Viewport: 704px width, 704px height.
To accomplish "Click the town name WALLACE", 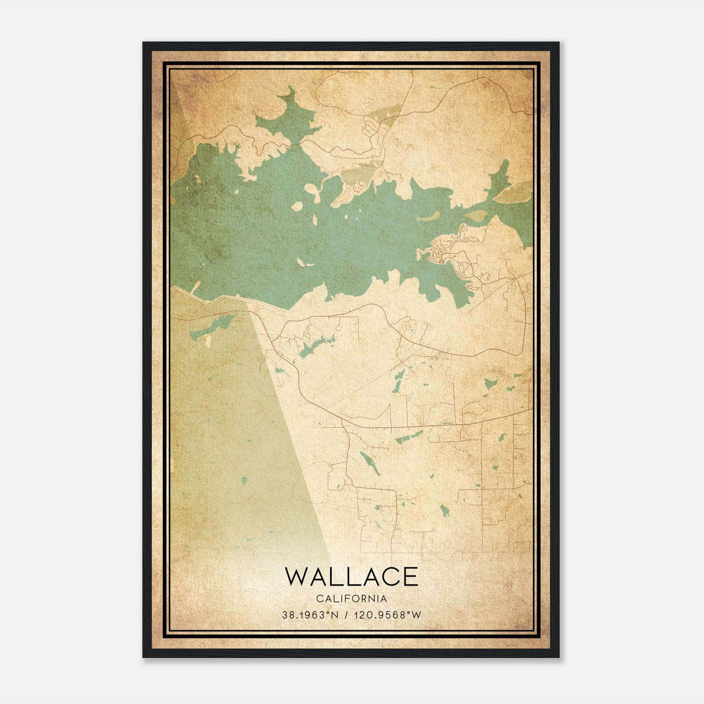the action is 352,576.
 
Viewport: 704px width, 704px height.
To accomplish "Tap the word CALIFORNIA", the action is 352,598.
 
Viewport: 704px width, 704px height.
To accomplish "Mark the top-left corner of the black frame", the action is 143,43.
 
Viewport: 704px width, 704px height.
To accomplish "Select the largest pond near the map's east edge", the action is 491,382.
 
